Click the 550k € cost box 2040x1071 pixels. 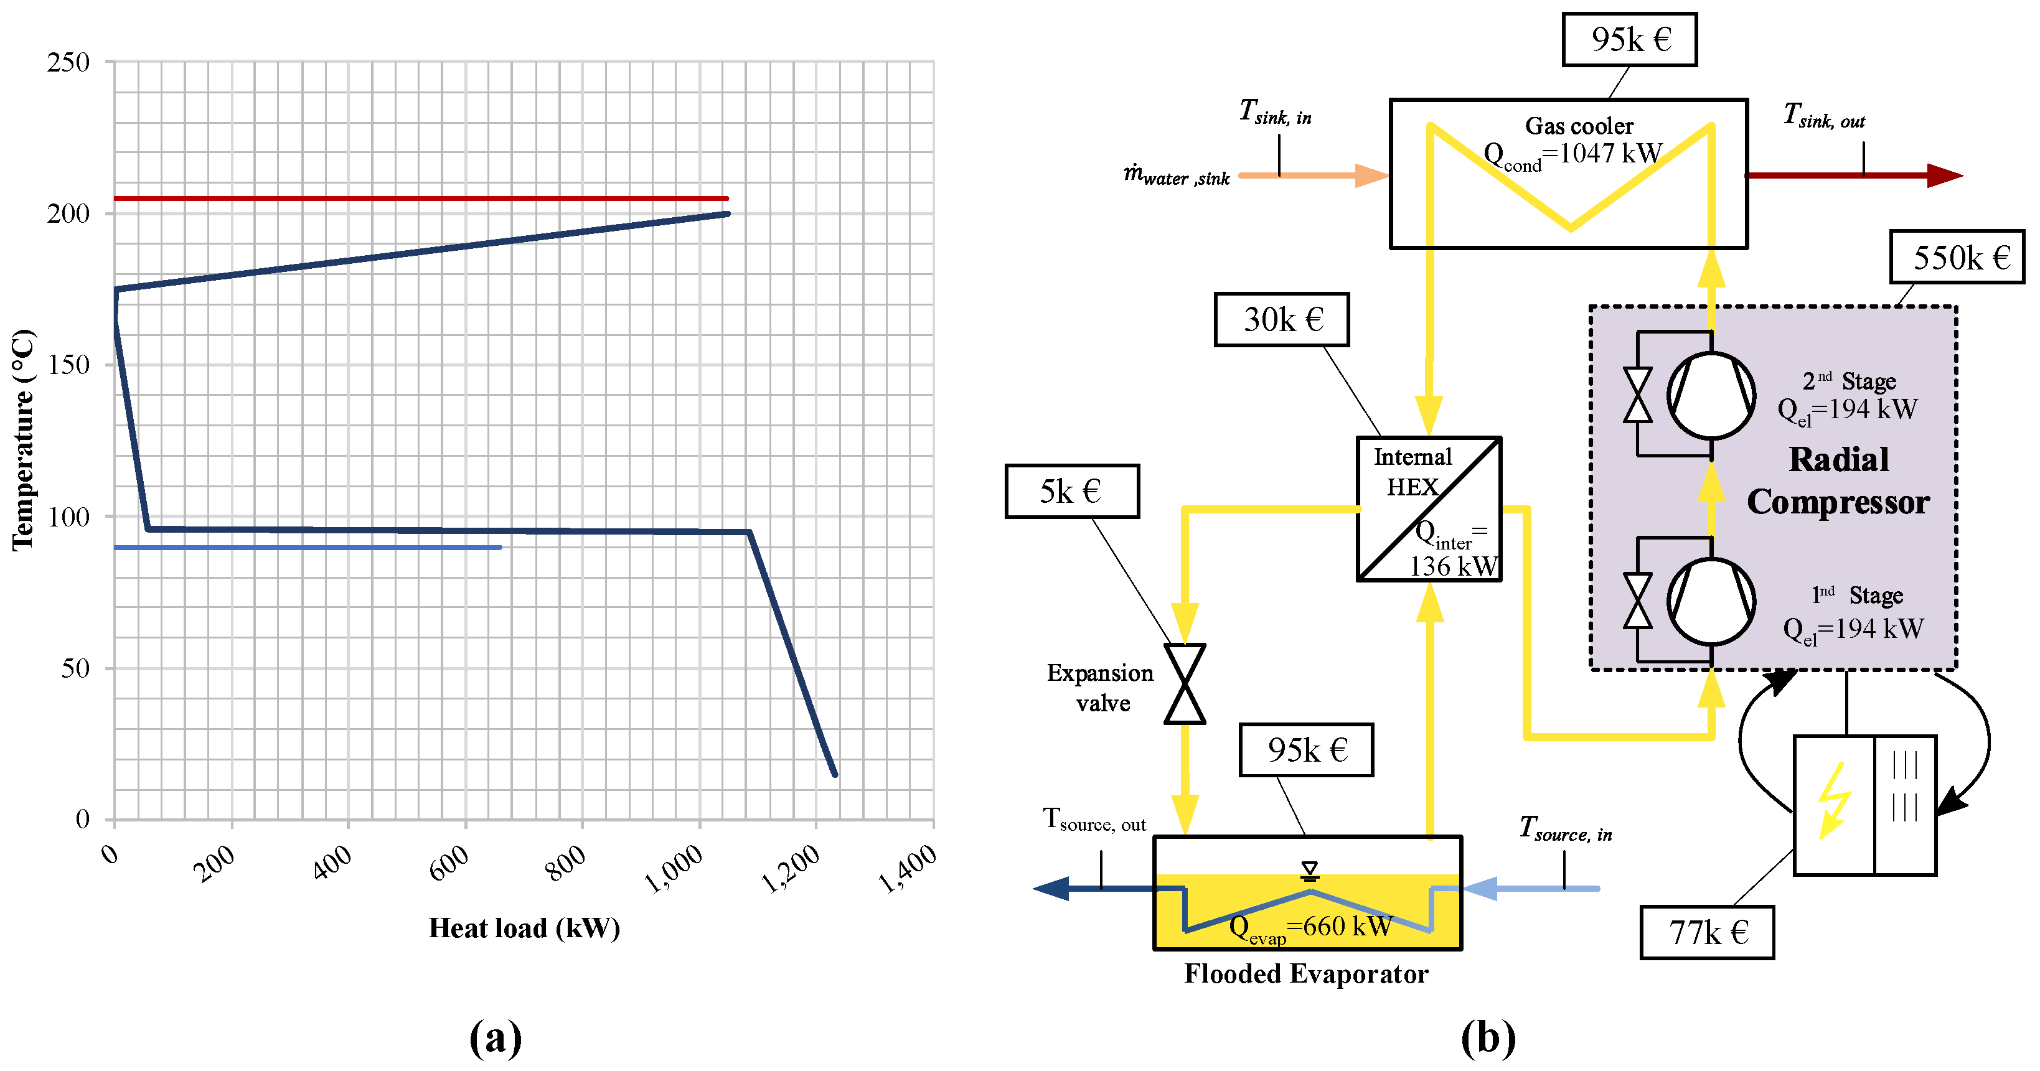coord(1956,257)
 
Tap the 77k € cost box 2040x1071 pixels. coord(1706,932)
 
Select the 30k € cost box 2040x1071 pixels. coord(1281,320)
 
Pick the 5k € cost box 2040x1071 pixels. coord(1071,492)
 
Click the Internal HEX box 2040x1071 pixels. coord(1429,509)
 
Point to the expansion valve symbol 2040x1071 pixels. coord(1185,684)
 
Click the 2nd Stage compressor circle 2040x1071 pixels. coord(1711,396)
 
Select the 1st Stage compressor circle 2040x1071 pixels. coord(1711,602)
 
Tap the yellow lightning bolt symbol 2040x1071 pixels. coord(1833,800)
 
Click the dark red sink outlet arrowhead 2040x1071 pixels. coord(1944,175)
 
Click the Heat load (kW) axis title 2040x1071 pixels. coord(524,928)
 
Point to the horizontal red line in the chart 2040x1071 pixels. coord(420,199)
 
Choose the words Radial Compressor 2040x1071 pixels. coord(1838,480)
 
